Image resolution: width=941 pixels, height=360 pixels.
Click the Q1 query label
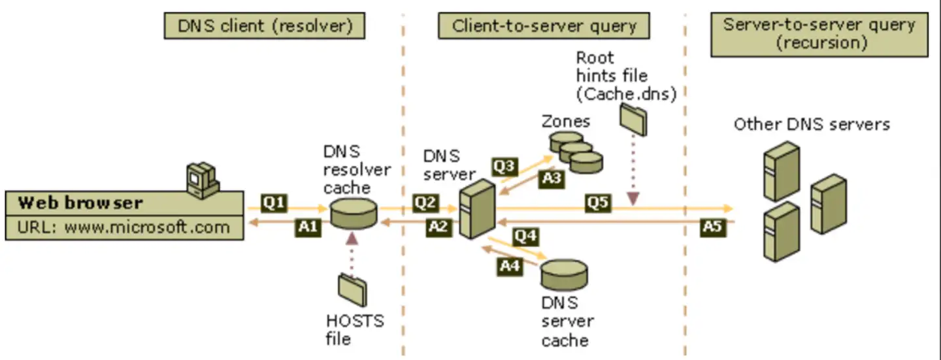(274, 203)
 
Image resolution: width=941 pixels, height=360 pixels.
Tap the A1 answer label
(308, 227)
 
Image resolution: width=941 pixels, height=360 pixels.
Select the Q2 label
(425, 203)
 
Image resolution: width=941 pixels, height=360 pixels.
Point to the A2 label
(439, 227)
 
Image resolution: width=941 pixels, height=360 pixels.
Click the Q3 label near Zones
(504, 167)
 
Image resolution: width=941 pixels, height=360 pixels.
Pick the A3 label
(552, 179)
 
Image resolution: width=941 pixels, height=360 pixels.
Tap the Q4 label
(526, 237)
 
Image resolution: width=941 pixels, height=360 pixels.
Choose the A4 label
(510, 267)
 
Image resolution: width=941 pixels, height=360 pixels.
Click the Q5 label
(598, 203)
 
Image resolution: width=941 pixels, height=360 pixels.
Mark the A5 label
(713, 227)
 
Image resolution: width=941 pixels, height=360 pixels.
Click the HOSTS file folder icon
(352, 290)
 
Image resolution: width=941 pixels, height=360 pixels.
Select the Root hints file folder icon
(633, 120)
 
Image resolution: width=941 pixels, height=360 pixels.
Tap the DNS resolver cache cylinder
(354, 214)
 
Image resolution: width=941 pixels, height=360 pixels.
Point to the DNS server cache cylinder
(564, 274)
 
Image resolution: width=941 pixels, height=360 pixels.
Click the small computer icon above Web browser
(203, 180)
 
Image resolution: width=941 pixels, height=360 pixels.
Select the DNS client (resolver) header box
(265, 25)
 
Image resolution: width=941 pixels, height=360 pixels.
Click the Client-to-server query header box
(544, 25)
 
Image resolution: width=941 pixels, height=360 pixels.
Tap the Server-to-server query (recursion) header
(819, 35)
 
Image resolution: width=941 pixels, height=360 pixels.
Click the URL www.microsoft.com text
(124, 227)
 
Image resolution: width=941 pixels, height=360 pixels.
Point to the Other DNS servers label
(812, 124)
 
